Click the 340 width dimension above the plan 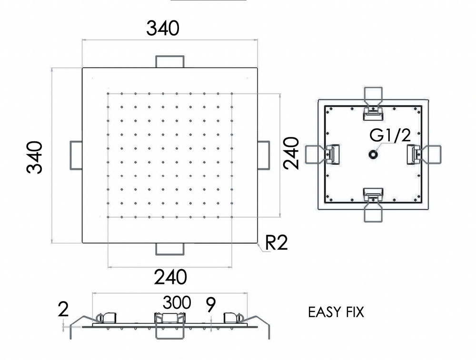click(163, 28)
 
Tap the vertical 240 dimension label click(291, 153)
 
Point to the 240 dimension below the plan click(170, 276)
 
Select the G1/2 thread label click(390, 136)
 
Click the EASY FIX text click(336, 312)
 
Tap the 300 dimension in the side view click(177, 302)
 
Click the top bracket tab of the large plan click(170, 61)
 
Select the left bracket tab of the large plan click(76, 155)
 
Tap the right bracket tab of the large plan click(264, 155)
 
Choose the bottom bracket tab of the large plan click(170, 249)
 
